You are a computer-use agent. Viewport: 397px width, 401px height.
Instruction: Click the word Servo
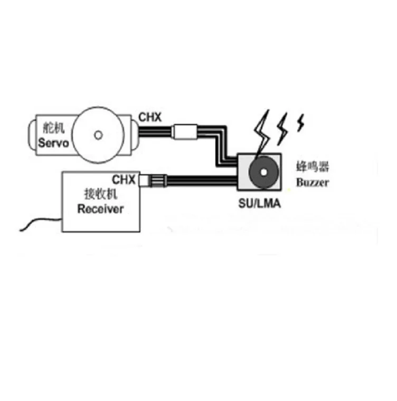click(x=53, y=142)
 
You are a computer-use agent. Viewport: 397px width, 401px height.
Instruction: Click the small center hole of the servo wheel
click(x=98, y=135)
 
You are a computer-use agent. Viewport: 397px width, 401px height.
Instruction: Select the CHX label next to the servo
click(x=150, y=117)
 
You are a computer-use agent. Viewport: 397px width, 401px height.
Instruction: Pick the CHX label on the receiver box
click(x=124, y=179)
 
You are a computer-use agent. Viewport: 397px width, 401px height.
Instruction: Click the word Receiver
click(x=100, y=208)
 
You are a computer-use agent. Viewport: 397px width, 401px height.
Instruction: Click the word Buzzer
click(x=312, y=183)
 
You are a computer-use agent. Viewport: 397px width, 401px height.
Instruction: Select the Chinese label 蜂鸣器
click(x=312, y=168)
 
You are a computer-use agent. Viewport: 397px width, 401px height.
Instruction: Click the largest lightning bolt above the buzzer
click(x=262, y=132)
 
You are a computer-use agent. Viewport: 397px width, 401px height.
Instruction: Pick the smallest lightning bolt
click(x=301, y=123)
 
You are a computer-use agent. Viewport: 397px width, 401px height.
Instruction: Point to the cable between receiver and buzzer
click(x=201, y=180)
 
